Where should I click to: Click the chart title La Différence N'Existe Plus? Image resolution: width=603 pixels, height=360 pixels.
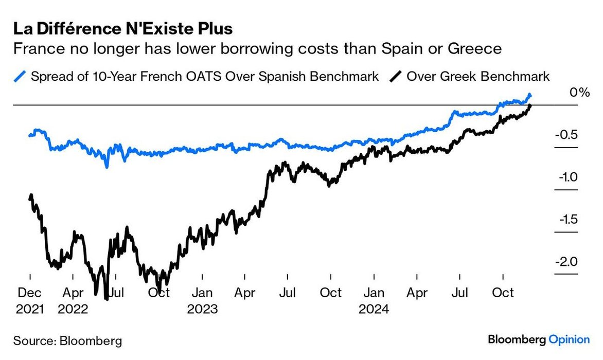(123, 29)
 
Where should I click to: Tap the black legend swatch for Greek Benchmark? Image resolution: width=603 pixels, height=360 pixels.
(396, 77)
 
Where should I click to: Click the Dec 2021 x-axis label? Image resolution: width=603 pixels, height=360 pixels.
(30, 301)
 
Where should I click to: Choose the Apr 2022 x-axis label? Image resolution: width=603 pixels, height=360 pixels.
(73, 301)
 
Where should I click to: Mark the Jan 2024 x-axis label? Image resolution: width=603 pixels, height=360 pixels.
(374, 301)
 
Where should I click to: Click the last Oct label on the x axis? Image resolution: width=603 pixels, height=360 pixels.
(503, 293)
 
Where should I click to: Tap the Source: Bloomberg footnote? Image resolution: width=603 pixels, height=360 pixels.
(68, 340)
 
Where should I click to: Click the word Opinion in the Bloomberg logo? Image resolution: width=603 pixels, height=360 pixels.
(569, 339)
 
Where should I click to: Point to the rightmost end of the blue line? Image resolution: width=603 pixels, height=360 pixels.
(530, 95)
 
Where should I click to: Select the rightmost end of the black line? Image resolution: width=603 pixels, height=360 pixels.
(530, 105)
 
